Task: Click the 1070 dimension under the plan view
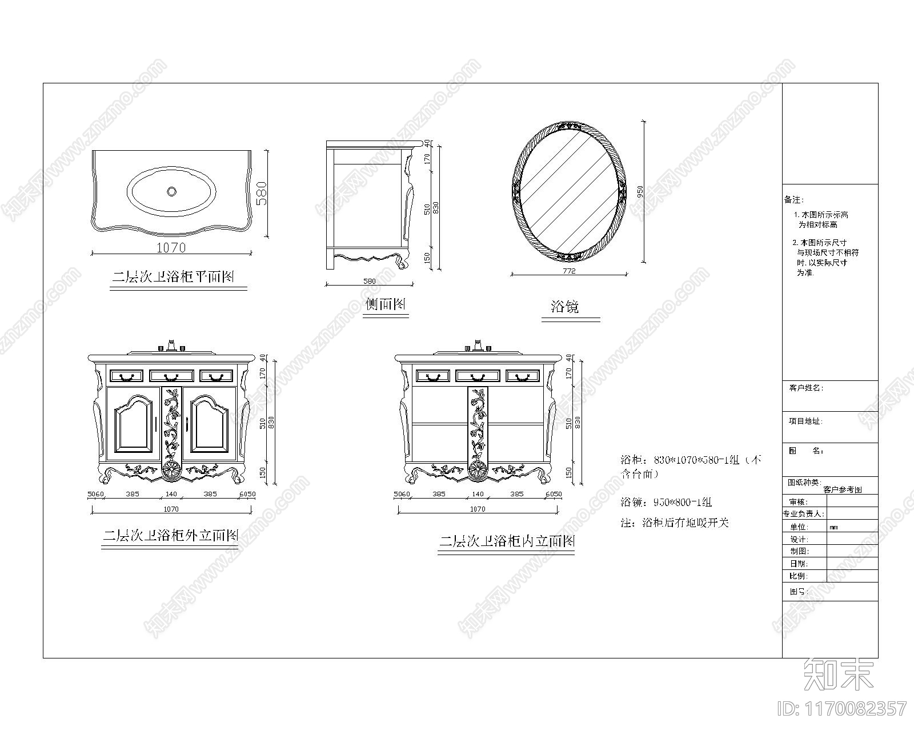[171, 248]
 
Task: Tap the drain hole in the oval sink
[171, 191]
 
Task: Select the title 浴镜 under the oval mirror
[565, 307]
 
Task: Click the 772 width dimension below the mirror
[569, 271]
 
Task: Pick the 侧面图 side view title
[386, 304]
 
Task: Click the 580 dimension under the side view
[370, 281]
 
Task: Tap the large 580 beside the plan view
[261, 194]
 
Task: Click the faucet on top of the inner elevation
[478, 346]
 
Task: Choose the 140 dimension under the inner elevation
[478, 494]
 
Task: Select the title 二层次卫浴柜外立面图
[170, 536]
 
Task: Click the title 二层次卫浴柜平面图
[173, 278]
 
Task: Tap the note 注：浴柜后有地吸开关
[675, 523]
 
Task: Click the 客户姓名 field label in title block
[805, 388]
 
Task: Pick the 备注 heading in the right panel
[793, 200]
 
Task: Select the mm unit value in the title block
[833, 527]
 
